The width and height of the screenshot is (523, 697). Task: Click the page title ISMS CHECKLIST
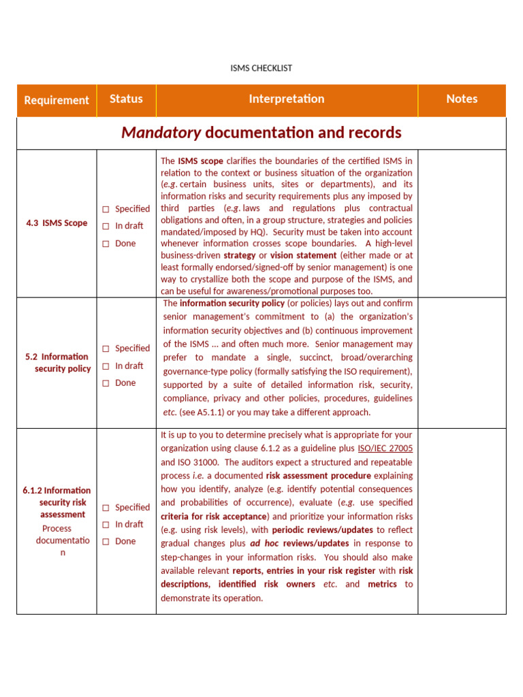pyautogui.click(x=261, y=68)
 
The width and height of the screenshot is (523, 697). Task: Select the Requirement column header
pyautogui.click(x=57, y=100)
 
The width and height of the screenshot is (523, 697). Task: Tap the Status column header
pyautogui.click(x=126, y=99)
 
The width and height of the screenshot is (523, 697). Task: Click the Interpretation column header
pyautogui.click(x=286, y=99)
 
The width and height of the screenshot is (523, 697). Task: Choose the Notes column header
pyautogui.click(x=462, y=99)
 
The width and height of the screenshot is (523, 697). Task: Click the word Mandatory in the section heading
pyautogui.click(x=161, y=133)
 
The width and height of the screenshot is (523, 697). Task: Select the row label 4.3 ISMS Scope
pyautogui.click(x=57, y=223)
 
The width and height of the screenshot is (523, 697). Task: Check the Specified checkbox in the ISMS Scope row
pyautogui.click(x=106, y=210)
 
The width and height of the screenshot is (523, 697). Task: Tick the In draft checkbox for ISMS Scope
pyautogui.click(x=106, y=227)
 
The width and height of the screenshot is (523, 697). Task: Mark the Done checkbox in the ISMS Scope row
pyautogui.click(x=106, y=244)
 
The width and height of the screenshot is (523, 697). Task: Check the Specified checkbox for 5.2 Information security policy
pyautogui.click(x=106, y=348)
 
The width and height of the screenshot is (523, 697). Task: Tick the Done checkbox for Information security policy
pyautogui.click(x=106, y=383)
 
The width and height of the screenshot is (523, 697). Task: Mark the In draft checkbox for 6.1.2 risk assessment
pyautogui.click(x=106, y=525)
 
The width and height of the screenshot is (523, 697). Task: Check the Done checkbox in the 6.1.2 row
pyautogui.click(x=106, y=542)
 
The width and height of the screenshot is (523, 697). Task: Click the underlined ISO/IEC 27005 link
pyautogui.click(x=385, y=449)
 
